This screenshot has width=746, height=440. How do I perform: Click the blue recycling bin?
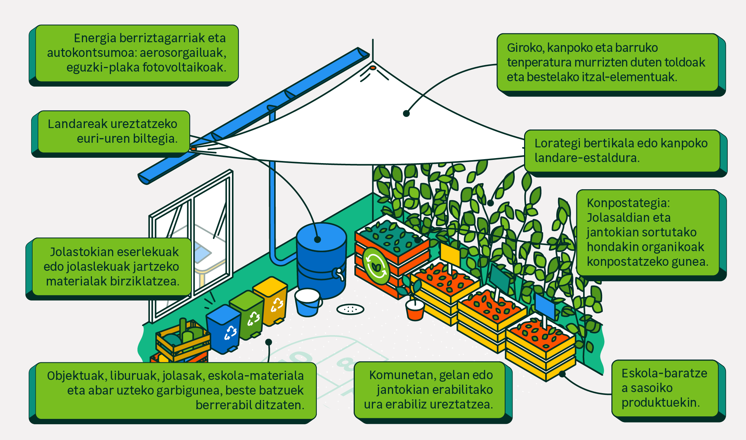[x=224, y=329]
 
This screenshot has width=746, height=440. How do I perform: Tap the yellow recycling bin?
[x=271, y=300]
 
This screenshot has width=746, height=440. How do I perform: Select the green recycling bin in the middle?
[x=248, y=315]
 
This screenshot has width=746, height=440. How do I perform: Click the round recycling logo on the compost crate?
[x=376, y=266]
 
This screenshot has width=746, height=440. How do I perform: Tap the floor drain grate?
[x=350, y=309]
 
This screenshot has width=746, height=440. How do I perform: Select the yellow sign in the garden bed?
[x=450, y=254]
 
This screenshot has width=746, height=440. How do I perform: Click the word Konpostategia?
[x=628, y=203]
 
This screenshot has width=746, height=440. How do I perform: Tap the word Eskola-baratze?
[x=664, y=373]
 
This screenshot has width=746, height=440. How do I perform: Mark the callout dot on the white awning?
[x=406, y=113]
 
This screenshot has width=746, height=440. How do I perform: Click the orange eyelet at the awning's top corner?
[x=373, y=68]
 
